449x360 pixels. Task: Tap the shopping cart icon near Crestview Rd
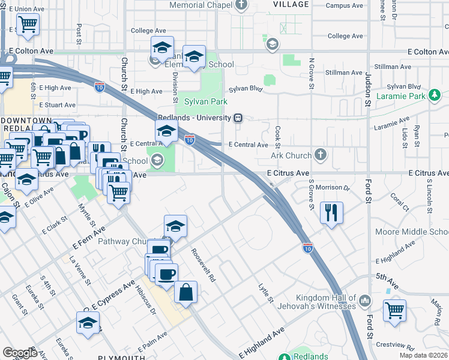click(394, 311)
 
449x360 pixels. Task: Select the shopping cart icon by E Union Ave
click(28, 25)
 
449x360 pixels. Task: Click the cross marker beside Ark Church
click(321, 155)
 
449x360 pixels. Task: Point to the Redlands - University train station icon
click(238, 118)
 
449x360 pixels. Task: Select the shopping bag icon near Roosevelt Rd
click(186, 292)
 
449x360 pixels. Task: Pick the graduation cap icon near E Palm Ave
click(88, 323)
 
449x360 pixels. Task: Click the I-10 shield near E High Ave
click(100, 87)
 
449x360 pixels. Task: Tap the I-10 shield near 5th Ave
click(308, 247)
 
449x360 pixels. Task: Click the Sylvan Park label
click(205, 101)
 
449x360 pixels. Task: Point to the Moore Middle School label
click(412, 232)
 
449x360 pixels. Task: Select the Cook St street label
click(278, 136)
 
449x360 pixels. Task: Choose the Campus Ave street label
click(344, 5)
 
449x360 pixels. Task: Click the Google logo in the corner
click(20, 353)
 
